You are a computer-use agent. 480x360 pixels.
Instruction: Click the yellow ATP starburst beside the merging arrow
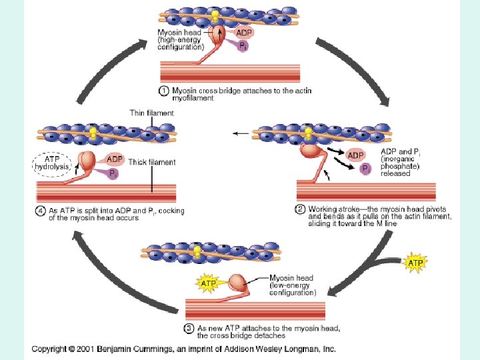point(416,263)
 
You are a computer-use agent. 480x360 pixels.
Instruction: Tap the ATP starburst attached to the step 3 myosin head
point(208,283)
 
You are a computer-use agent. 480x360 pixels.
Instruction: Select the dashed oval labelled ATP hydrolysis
point(51,163)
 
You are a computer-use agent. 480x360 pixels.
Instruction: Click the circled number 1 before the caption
point(164,91)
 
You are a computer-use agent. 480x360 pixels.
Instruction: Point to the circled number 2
point(300,209)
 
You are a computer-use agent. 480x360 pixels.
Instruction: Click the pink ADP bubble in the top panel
point(245,31)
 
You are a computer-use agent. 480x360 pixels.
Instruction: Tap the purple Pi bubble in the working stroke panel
point(365,169)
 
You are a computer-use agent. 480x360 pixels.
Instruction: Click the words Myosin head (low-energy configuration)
point(292,285)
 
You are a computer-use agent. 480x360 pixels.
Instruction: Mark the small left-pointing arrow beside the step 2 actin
point(239,134)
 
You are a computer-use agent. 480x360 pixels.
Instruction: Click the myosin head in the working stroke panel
point(311,151)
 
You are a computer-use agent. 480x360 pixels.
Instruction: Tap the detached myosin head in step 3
point(237,281)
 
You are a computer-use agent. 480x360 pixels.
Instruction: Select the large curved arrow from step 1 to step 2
point(353,67)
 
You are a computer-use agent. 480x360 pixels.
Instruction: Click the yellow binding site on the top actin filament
point(215,15)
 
